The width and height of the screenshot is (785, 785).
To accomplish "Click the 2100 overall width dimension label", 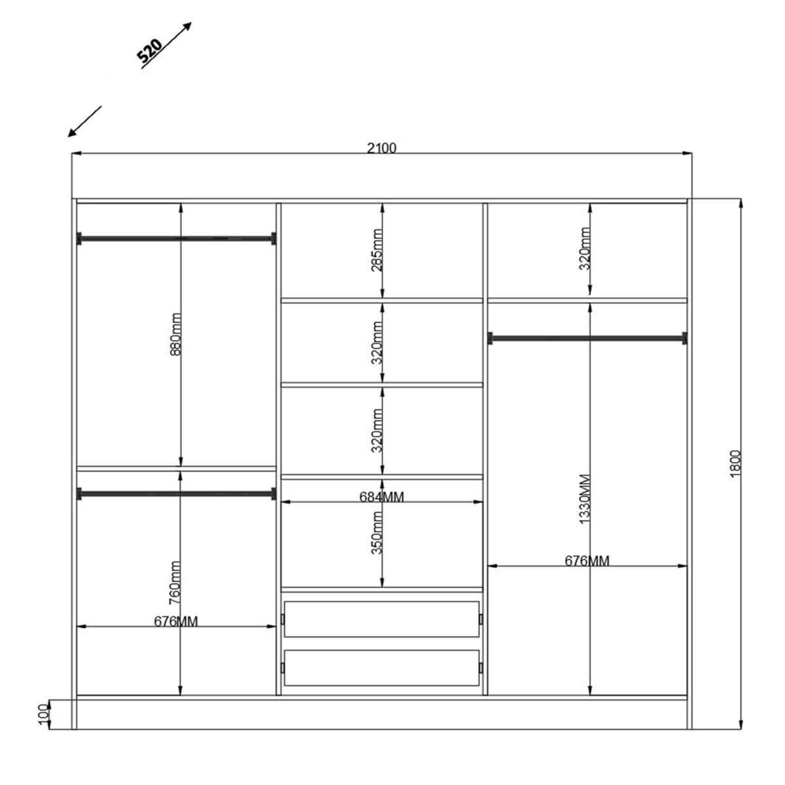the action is pyautogui.click(x=381, y=148).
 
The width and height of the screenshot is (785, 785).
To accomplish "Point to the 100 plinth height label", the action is pyautogui.click(x=44, y=714).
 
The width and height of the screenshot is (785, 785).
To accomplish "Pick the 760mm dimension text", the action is pyautogui.click(x=175, y=583).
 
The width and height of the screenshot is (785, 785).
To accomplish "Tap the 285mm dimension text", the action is pyautogui.click(x=377, y=250).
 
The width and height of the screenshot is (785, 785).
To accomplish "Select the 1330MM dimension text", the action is pyautogui.click(x=585, y=499).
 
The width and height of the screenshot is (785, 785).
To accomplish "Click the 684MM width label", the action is pyautogui.click(x=381, y=497).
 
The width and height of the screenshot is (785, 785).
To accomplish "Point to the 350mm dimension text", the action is pyautogui.click(x=377, y=533).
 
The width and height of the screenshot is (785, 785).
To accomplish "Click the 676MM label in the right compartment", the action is pyautogui.click(x=587, y=561).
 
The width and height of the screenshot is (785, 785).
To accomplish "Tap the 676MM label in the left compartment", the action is pyautogui.click(x=176, y=621).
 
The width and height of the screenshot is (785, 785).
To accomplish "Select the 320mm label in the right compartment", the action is pyautogui.click(x=585, y=249).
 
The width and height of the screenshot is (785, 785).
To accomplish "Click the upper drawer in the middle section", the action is pyautogui.click(x=381, y=619).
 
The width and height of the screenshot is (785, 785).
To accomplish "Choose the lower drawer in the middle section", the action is pyautogui.click(x=381, y=668).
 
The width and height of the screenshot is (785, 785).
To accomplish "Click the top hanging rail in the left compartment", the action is pyautogui.click(x=177, y=239).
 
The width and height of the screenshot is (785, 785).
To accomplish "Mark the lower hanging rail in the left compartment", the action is pyautogui.click(x=177, y=494).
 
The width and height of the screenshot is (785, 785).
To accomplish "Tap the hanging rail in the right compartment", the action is pyautogui.click(x=587, y=338).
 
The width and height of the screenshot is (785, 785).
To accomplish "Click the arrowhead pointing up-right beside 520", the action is pyautogui.click(x=187, y=26).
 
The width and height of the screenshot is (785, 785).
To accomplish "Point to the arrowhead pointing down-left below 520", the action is pyautogui.click(x=72, y=132).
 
